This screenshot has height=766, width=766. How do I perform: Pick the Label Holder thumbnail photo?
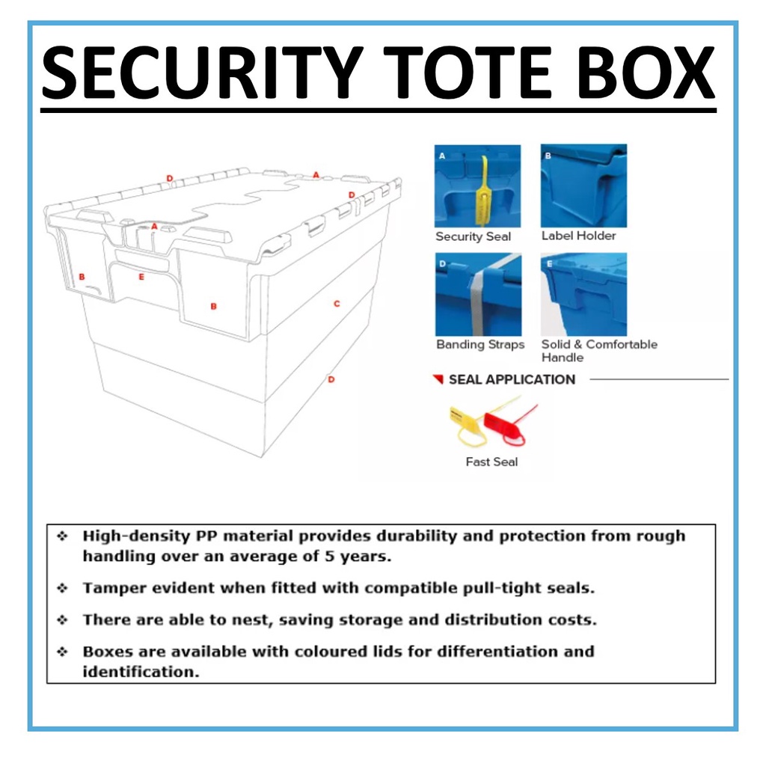click(583, 186)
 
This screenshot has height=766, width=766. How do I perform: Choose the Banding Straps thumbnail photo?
click(478, 294)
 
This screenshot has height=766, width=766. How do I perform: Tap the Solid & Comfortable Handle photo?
click(583, 294)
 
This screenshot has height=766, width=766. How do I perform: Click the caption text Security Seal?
click(473, 236)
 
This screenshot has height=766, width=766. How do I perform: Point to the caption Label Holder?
click(578, 236)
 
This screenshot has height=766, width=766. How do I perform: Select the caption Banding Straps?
click(480, 345)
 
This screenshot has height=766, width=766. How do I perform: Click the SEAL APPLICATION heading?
click(512, 379)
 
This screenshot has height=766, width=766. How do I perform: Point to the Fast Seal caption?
click(491, 462)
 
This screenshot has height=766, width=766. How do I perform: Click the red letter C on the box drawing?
click(337, 304)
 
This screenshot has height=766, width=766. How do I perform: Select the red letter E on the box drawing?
click(141, 277)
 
